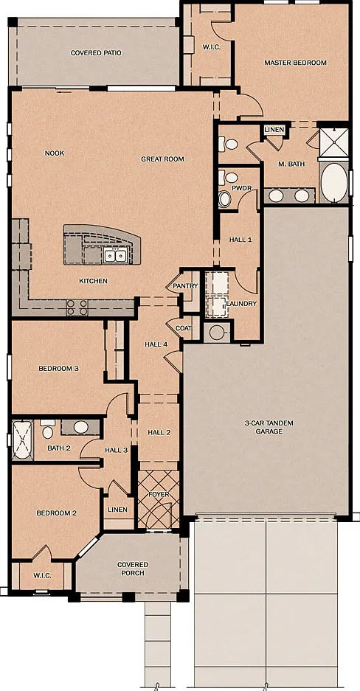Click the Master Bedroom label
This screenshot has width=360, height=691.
[x=295, y=63]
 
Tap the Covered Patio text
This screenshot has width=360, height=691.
[x=96, y=53]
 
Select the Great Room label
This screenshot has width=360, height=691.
[x=162, y=159]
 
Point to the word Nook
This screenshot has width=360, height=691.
[x=55, y=153]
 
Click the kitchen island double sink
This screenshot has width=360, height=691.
[x=115, y=254]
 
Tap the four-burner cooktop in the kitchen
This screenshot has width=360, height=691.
[x=77, y=308]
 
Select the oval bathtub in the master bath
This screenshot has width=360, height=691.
[x=334, y=182]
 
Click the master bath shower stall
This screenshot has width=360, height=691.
[x=333, y=142]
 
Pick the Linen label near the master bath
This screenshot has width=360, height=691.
[x=274, y=130]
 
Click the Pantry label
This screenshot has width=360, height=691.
[x=185, y=286]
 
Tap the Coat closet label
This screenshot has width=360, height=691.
[x=183, y=328]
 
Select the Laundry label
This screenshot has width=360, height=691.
[x=241, y=304]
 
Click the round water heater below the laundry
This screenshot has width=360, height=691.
[x=217, y=333]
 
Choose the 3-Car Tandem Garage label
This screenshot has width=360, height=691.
[x=269, y=428]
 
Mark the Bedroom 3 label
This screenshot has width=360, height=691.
[x=58, y=369]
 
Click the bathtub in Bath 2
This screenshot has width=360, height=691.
[x=22, y=440]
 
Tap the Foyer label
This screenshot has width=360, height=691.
[x=159, y=494]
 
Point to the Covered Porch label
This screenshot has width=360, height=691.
[x=133, y=569]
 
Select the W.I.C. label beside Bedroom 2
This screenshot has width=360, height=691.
[x=42, y=575]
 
